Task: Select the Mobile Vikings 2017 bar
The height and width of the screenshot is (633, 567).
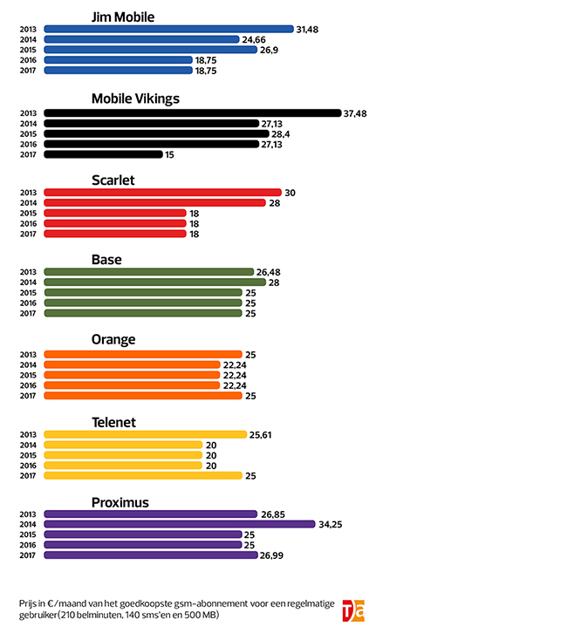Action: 103,154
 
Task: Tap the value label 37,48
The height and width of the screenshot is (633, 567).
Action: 356,112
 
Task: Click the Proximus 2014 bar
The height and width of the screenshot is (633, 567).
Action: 179,524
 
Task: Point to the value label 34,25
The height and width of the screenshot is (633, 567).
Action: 331,524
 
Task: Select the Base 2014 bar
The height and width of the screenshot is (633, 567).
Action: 154,282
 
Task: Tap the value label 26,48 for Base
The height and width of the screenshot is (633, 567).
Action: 270,271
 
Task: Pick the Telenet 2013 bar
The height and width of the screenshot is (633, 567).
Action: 146,434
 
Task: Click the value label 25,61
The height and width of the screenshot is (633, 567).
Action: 263,434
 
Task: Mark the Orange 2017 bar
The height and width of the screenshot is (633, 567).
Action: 142,396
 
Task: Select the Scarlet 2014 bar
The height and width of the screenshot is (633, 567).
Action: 154,202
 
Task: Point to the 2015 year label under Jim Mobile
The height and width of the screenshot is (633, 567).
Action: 27,50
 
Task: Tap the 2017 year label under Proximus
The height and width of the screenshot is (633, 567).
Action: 27,555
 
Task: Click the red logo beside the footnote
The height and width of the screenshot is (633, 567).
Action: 353,609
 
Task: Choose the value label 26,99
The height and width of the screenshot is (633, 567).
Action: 273,555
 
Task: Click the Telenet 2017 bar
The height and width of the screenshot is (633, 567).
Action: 142,475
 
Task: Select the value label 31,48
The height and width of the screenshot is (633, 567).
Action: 308,29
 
